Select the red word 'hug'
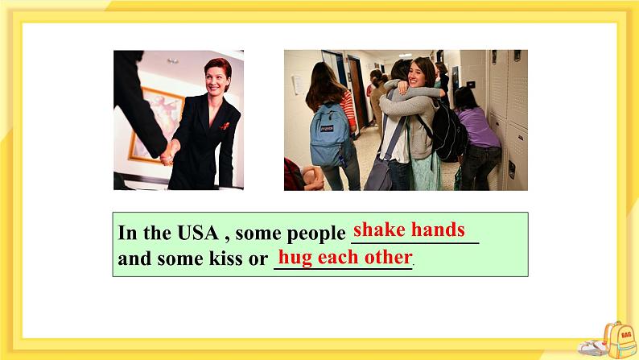[x=295, y=259]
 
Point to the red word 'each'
[x=340, y=259]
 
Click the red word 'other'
[x=390, y=259]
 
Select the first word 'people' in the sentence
[x=316, y=234]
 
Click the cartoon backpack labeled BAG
[x=619, y=338]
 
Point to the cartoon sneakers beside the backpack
[x=592, y=347]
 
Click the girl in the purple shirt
[x=479, y=133]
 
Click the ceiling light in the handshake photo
[x=173, y=60]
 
